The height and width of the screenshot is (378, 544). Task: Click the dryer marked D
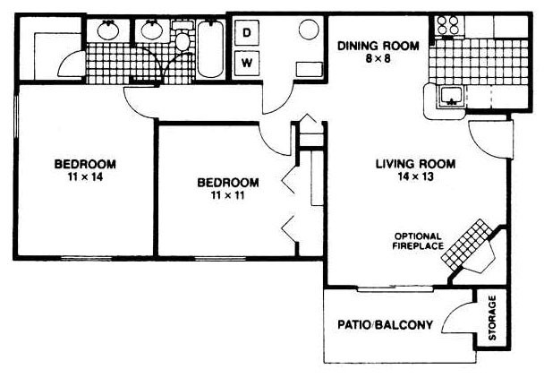[x=247, y=32]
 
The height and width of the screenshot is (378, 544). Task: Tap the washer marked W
[x=247, y=63]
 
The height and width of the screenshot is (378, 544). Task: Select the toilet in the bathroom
[x=183, y=36]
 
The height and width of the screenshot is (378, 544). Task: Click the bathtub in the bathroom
[x=210, y=48]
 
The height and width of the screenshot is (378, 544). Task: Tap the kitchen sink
[x=451, y=96]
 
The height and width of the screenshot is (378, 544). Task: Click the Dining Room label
[x=378, y=46]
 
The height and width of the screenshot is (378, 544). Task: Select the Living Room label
[x=416, y=164]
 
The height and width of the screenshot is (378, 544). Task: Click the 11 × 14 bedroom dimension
[x=85, y=176]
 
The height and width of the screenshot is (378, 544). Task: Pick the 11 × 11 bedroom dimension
[x=227, y=195]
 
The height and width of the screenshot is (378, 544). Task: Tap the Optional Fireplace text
[x=418, y=241]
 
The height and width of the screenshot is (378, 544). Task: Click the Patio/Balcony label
[x=385, y=325]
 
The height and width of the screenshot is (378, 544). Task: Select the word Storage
[x=492, y=318]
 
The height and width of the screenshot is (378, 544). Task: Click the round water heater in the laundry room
[x=309, y=30]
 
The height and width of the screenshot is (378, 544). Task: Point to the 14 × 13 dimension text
[x=416, y=176]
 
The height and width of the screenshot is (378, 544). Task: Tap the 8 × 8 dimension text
[x=378, y=58]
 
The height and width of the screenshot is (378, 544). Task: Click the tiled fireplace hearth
[x=467, y=245]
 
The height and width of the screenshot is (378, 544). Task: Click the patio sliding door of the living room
[x=395, y=288]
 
